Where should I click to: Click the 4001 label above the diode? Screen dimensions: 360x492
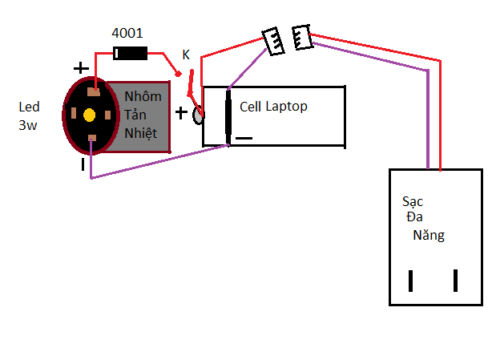pyautogui.click(x=127, y=34)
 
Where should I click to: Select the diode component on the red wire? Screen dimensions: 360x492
pyautogui.click(x=131, y=54)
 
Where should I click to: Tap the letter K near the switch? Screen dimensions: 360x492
pyautogui.click(x=186, y=55)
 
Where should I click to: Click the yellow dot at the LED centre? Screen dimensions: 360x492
pyautogui.click(x=89, y=115)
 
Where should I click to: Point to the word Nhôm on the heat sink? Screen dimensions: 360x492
pyautogui.click(x=143, y=96)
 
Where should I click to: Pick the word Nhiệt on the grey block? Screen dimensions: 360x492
pyautogui.click(x=142, y=132)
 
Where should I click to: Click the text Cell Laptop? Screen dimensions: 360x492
pyautogui.click(x=273, y=106)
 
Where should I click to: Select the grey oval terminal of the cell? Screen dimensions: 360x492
pyautogui.click(x=199, y=115)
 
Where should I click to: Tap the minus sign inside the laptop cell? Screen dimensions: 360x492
pyautogui.click(x=244, y=138)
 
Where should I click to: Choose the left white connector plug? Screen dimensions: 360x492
pyautogui.click(x=272, y=41)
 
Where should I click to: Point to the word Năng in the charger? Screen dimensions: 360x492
pyautogui.click(x=429, y=236)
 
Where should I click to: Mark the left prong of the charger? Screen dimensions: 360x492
pyautogui.click(x=410, y=281)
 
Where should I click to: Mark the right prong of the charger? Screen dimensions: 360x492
pyautogui.click(x=456, y=281)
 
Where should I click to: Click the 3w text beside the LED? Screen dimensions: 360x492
pyautogui.click(x=29, y=125)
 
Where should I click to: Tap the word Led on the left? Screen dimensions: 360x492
pyautogui.click(x=29, y=107)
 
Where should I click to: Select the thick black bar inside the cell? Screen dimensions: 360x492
pyautogui.click(x=228, y=117)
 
